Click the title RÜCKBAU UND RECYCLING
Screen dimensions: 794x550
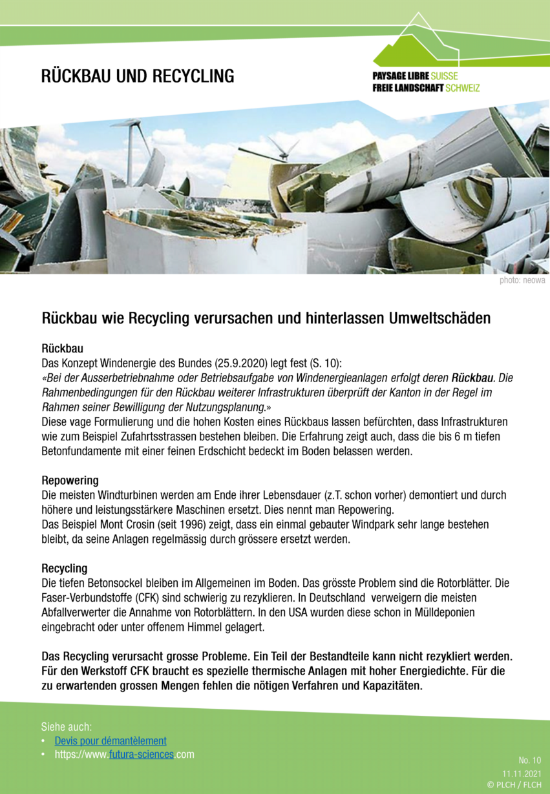point(138,76)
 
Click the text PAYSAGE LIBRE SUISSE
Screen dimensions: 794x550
point(414,76)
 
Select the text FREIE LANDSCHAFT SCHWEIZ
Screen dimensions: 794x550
point(426,88)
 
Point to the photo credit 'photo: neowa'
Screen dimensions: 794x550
point(522,280)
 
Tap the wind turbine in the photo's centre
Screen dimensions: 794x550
point(282,150)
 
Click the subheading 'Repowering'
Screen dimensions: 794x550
point(70,480)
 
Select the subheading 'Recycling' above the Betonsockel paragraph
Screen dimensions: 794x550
point(64,569)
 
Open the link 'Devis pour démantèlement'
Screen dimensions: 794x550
point(111,740)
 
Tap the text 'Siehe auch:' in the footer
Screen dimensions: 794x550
point(67,726)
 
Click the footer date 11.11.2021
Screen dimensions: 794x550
point(522,773)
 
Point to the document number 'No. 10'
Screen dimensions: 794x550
point(529,760)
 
